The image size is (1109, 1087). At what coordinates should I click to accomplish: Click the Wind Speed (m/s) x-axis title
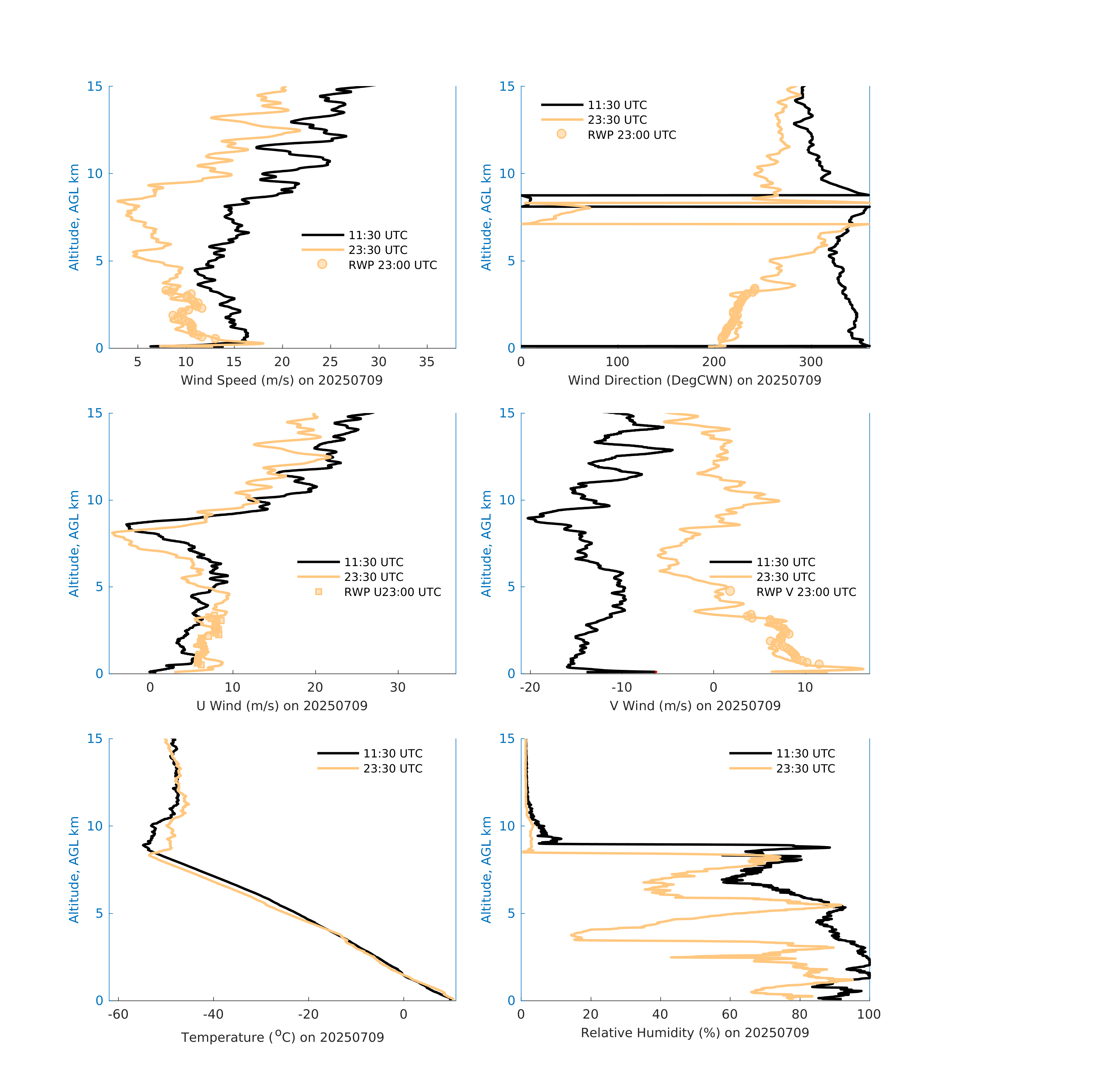[x=282, y=380]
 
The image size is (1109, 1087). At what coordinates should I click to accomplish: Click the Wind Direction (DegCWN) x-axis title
[x=694, y=380]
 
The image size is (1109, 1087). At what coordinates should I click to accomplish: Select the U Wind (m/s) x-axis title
[x=282, y=706]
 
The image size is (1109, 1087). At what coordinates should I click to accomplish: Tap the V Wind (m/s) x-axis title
[x=695, y=706]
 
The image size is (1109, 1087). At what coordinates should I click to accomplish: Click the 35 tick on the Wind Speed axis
[x=426, y=362]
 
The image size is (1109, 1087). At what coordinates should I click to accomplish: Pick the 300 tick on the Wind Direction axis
[x=811, y=362]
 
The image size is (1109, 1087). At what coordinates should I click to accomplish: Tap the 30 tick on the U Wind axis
[x=398, y=687]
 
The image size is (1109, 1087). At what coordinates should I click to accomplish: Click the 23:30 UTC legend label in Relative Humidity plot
[x=805, y=768]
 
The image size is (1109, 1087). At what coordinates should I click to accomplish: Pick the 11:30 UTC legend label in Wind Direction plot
[x=617, y=105]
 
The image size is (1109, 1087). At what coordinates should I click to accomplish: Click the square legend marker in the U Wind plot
[x=319, y=591]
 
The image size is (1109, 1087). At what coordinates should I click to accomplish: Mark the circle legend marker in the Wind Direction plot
[x=561, y=134]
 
